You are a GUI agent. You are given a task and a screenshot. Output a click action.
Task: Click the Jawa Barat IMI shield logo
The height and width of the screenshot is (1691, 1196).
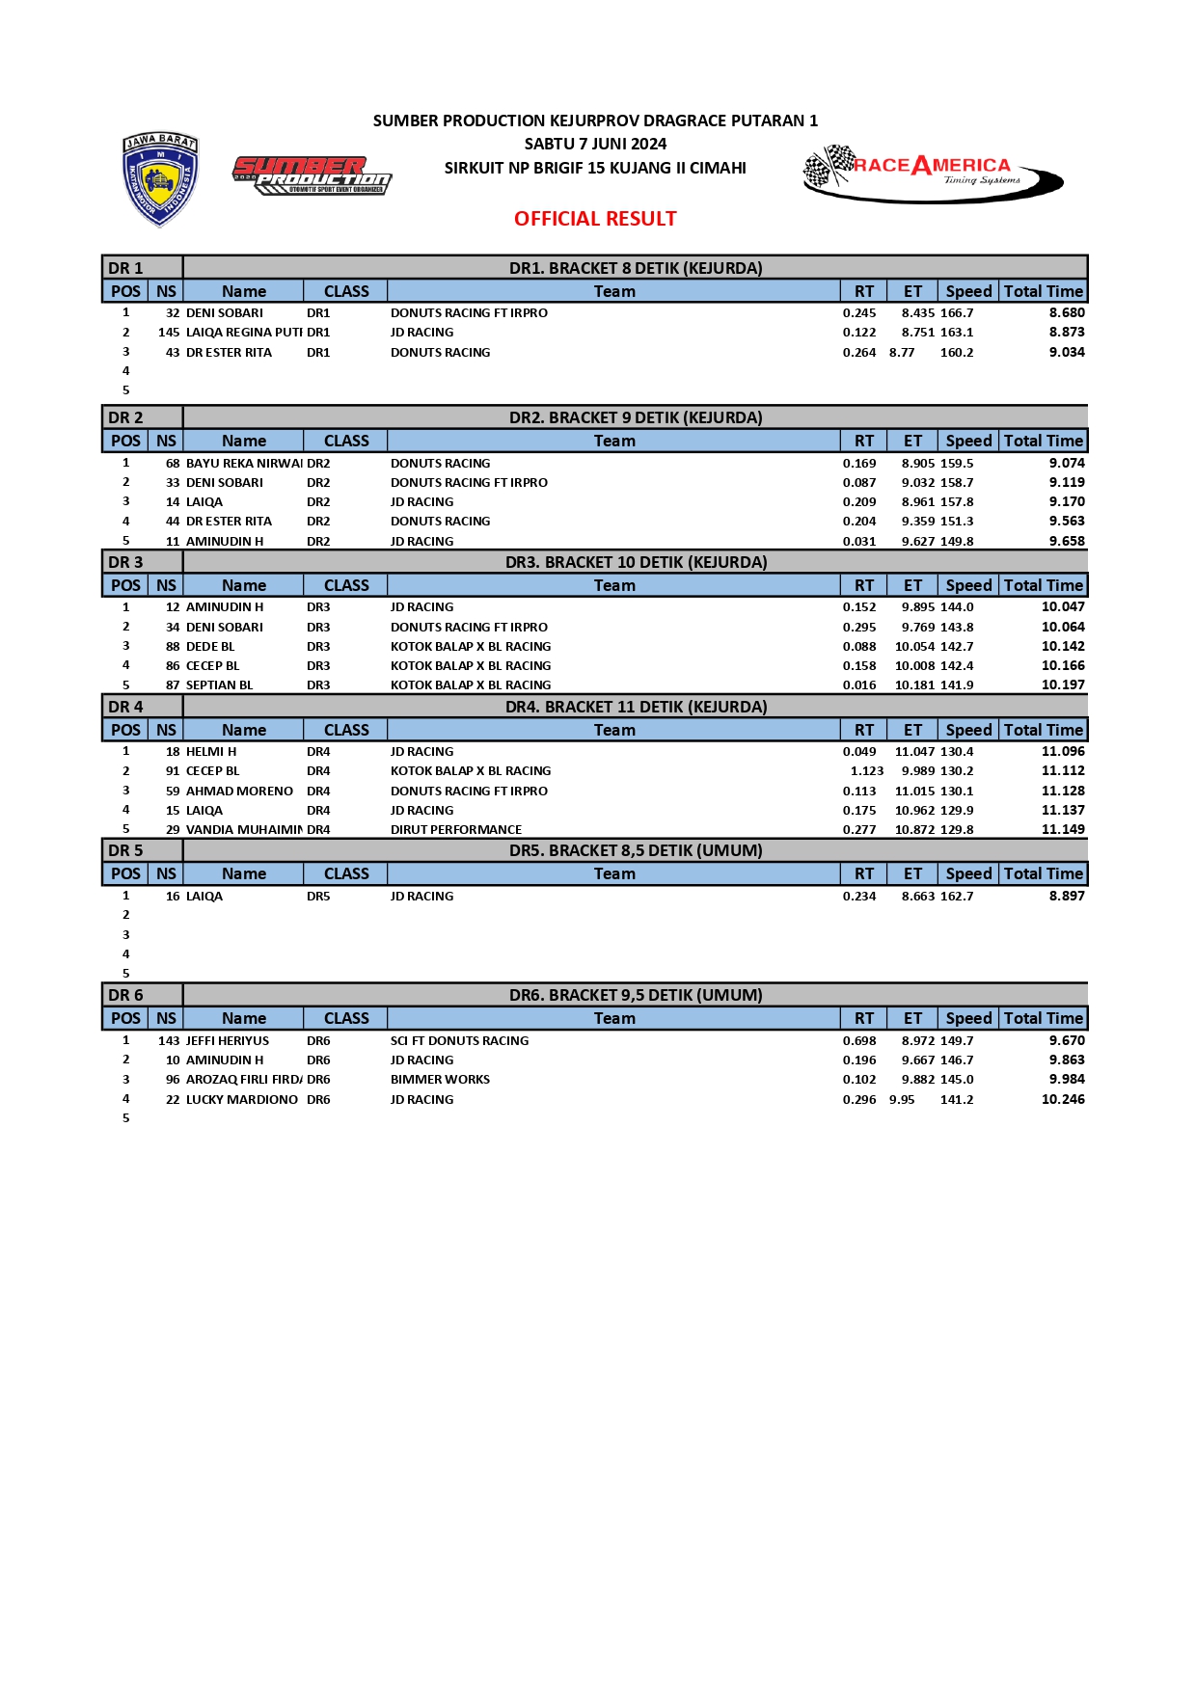pyautogui.click(x=160, y=179)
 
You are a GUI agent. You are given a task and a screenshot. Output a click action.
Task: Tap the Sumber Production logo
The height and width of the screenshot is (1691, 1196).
pyautogui.click(x=312, y=175)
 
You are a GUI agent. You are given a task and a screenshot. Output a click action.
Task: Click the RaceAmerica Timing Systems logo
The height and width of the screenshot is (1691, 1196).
pyautogui.click(x=932, y=173)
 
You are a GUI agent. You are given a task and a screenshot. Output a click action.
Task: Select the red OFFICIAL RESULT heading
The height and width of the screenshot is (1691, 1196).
pyautogui.click(x=595, y=219)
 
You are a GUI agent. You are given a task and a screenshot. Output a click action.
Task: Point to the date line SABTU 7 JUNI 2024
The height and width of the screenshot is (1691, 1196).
pyautogui.click(x=595, y=144)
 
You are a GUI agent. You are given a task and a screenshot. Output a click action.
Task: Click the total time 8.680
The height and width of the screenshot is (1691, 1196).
pyautogui.click(x=1067, y=313)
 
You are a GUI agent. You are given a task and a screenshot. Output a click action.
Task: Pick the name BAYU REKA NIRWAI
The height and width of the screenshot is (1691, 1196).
pyautogui.click(x=244, y=464)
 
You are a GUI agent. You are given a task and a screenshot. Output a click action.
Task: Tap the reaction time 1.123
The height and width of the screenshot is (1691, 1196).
pyautogui.click(x=866, y=771)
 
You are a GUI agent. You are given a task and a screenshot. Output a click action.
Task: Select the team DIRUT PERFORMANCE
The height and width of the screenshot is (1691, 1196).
pyautogui.click(x=455, y=830)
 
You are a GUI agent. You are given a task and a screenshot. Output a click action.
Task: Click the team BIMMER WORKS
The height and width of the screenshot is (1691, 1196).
pyautogui.click(x=440, y=1080)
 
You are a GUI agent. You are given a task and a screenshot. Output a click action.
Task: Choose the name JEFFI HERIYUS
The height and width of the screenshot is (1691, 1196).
pyautogui.click(x=228, y=1041)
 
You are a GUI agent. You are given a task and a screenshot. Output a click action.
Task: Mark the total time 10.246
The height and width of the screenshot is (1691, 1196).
pyautogui.click(x=1063, y=1099)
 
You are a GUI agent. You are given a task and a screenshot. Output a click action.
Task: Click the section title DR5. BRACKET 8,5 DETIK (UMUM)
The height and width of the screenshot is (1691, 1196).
pyautogui.click(x=636, y=850)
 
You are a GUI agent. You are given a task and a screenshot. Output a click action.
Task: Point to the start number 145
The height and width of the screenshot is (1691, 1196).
pyautogui.click(x=169, y=333)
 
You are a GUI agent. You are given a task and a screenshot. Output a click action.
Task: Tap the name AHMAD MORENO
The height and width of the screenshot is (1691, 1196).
pyautogui.click(x=239, y=792)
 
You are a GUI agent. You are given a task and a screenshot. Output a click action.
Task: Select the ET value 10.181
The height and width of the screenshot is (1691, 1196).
pyautogui.click(x=914, y=685)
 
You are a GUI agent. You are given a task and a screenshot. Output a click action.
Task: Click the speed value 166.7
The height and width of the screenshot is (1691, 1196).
pyautogui.click(x=957, y=313)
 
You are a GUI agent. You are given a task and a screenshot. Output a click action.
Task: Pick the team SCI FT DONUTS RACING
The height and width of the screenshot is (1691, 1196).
pyautogui.click(x=459, y=1041)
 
